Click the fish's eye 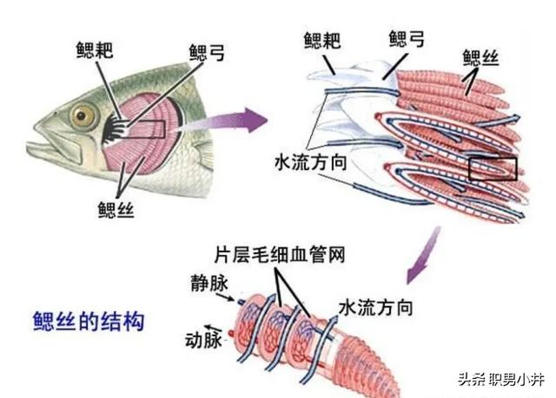point(83,114)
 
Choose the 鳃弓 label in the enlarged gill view point(407,39)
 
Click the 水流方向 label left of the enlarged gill point(311,162)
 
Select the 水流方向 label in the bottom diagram point(374,306)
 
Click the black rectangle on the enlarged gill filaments point(493,168)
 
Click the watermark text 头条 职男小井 point(499,379)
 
